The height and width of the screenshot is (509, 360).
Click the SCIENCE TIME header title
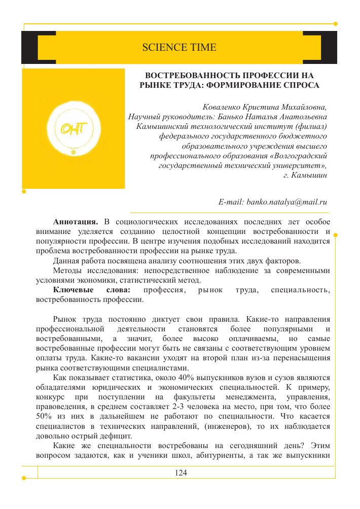(179, 48)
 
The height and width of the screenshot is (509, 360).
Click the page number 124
(181, 473)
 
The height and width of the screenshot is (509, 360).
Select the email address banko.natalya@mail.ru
(273, 202)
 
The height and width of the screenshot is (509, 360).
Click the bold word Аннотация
(76, 222)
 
